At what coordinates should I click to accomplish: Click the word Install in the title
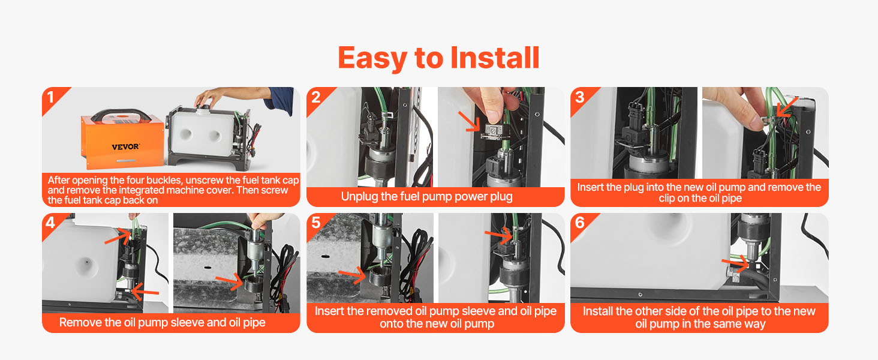(x=495, y=58)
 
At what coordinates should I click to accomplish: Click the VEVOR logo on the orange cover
(x=125, y=147)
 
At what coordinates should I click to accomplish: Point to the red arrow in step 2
(x=469, y=121)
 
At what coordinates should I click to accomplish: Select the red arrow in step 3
(x=787, y=107)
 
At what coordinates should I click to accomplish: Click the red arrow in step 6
(x=735, y=265)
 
